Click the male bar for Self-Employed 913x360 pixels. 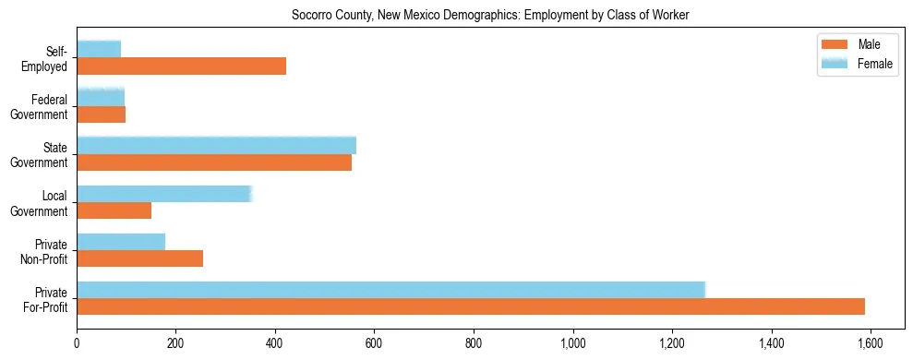tap(181, 66)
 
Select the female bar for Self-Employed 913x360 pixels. tap(99, 49)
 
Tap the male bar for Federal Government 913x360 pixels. tap(101, 114)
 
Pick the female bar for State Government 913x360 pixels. tap(216, 145)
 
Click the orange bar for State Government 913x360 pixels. tap(214, 162)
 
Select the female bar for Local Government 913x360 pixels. tap(163, 193)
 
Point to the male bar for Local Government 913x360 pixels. tap(114, 210)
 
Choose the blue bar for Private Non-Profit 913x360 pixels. tap(121, 241)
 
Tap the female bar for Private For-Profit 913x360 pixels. tap(390, 289)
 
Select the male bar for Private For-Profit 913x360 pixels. tap(471, 306)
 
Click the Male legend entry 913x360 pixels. tap(858, 45)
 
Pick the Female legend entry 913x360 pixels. tap(858, 63)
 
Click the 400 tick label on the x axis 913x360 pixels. tap(275, 342)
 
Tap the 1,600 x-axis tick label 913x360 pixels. tap(871, 342)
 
